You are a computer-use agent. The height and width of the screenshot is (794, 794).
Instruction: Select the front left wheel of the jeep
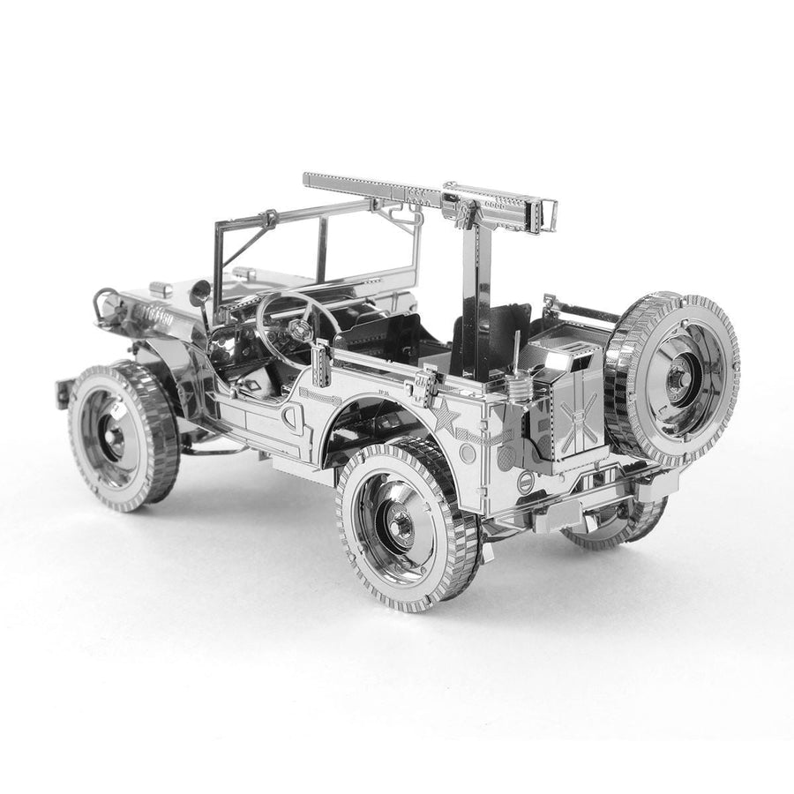pos(124,436)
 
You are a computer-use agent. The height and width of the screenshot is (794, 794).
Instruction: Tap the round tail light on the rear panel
pos(525,482)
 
